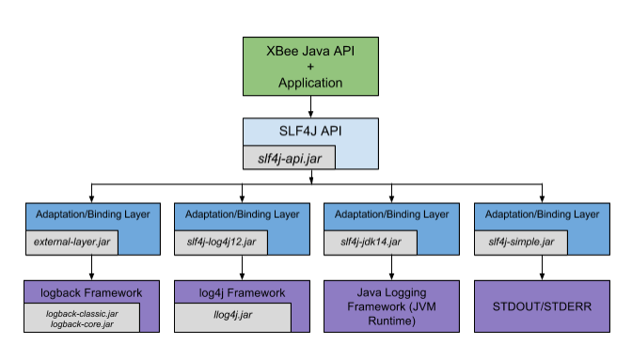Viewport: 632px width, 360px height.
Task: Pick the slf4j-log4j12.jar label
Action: point(221,242)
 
